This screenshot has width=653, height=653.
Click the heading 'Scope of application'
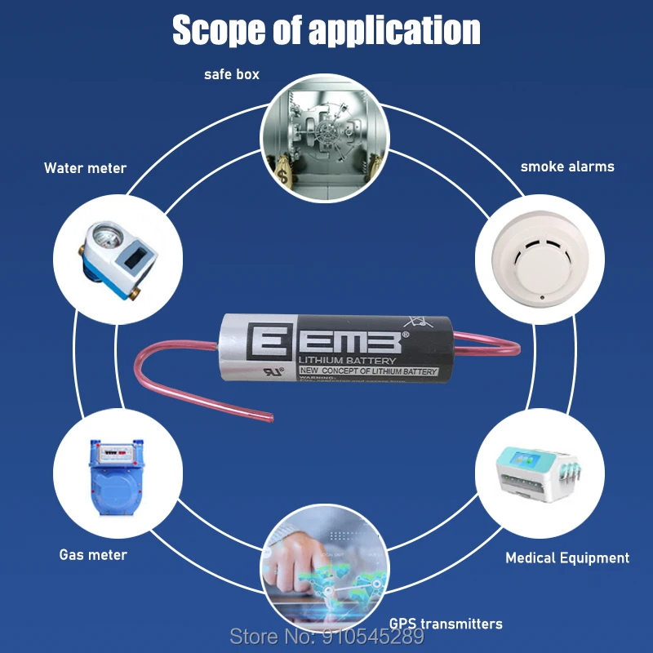[x=326, y=30]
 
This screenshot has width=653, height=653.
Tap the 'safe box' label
[x=232, y=74]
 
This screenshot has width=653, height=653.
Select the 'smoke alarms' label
[x=567, y=167]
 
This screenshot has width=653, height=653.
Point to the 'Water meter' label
[x=85, y=168]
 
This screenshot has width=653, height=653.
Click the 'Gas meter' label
[x=93, y=555]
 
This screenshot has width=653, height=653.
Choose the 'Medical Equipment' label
[x=567, y=558]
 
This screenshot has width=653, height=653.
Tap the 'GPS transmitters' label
[x=445, y=624]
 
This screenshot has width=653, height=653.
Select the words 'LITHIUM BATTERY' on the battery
[x=347, y=361]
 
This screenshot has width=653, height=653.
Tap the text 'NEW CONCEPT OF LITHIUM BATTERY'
[x=367, y=371]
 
